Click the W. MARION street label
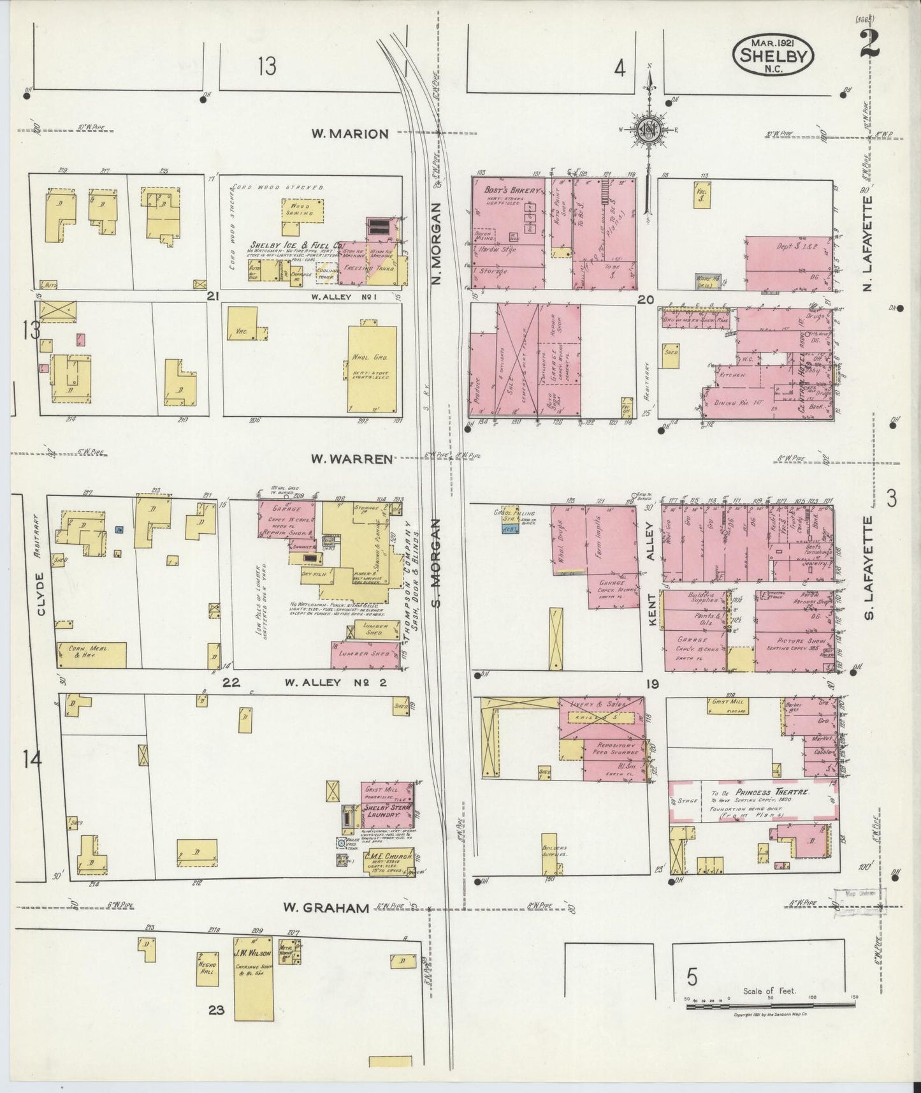[349, 134]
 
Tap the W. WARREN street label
[351, 459]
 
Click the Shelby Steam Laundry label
[381, 812]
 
